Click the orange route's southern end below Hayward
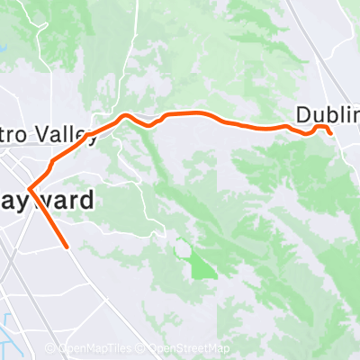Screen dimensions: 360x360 (67, 245)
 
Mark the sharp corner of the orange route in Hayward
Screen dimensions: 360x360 (30, 189)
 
